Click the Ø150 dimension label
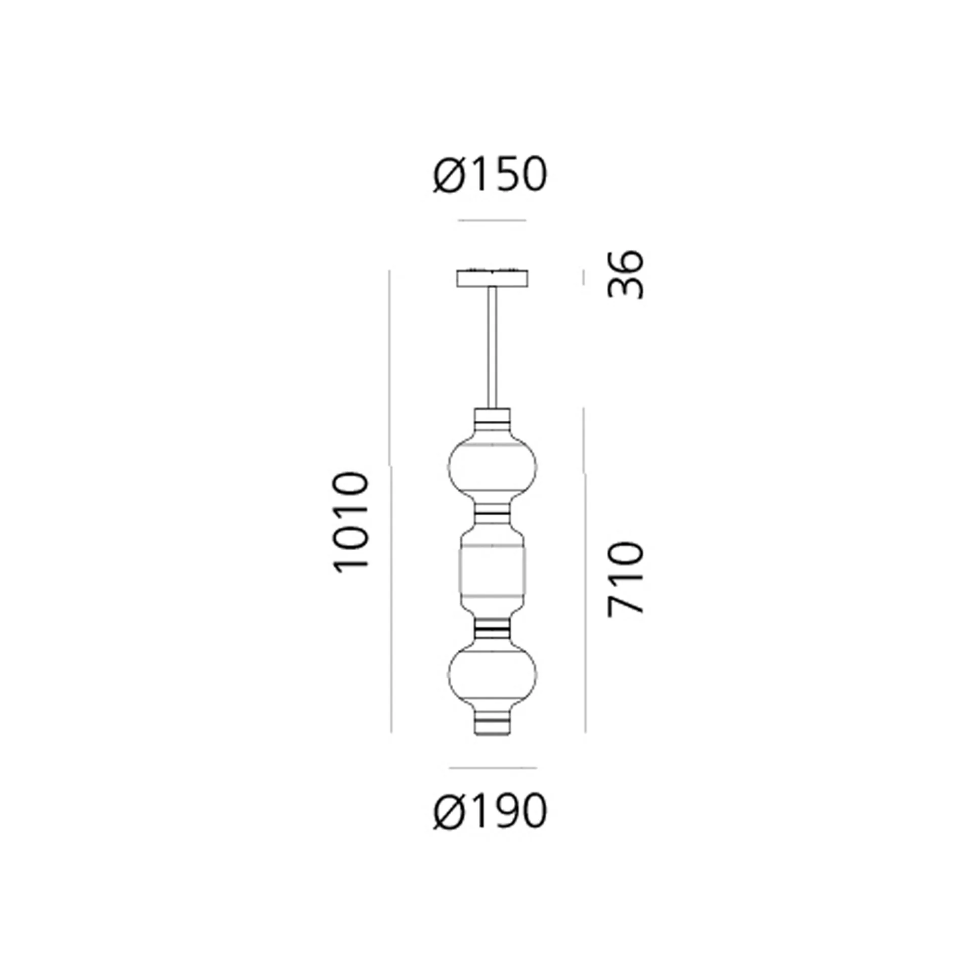point(490,174)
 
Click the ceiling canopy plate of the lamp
point(493,278)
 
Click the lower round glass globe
point(493,674)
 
